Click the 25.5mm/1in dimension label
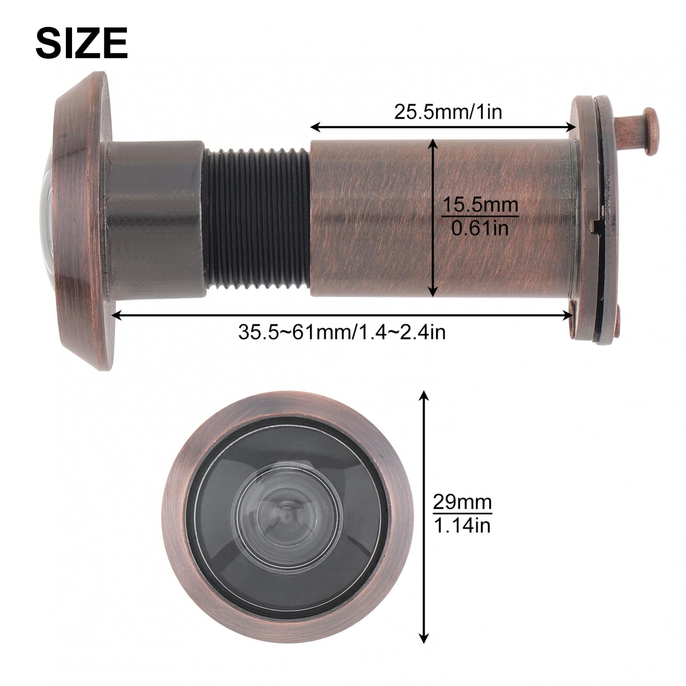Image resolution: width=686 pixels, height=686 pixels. point(448,112)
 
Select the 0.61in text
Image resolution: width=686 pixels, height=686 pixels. point(480,227)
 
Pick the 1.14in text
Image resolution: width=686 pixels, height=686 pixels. point(462,525)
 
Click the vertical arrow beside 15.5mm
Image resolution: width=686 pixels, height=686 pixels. point(434,218)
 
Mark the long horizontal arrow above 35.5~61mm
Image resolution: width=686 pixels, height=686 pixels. point(341,316)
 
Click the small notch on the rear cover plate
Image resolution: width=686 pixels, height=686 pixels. point(595,226)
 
